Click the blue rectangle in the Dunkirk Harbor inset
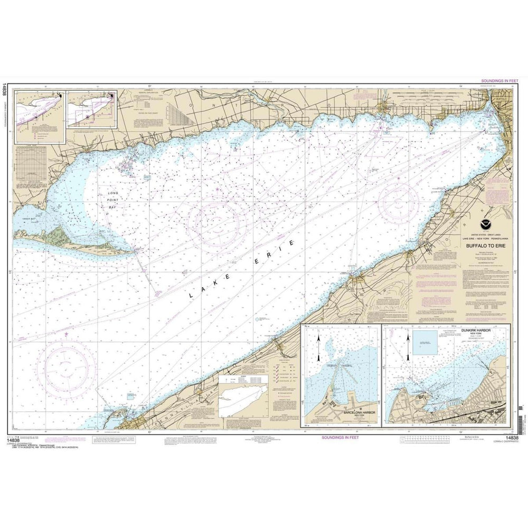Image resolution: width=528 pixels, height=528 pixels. click(426, 343)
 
